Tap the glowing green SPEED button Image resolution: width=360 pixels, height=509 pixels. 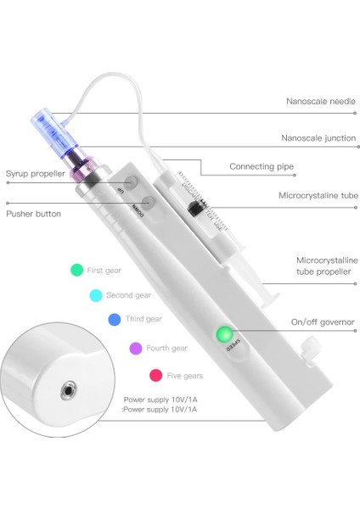pos(224,333)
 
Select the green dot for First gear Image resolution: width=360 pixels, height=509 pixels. pos(76,270)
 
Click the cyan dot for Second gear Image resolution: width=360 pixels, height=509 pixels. pos(95,295)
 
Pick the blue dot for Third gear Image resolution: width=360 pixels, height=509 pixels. pos(114,320)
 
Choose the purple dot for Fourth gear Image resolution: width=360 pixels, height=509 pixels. pos(135,348)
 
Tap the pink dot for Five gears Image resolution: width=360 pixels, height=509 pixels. pos(155,375)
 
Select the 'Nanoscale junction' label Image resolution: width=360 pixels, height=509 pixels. pos(318,137)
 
